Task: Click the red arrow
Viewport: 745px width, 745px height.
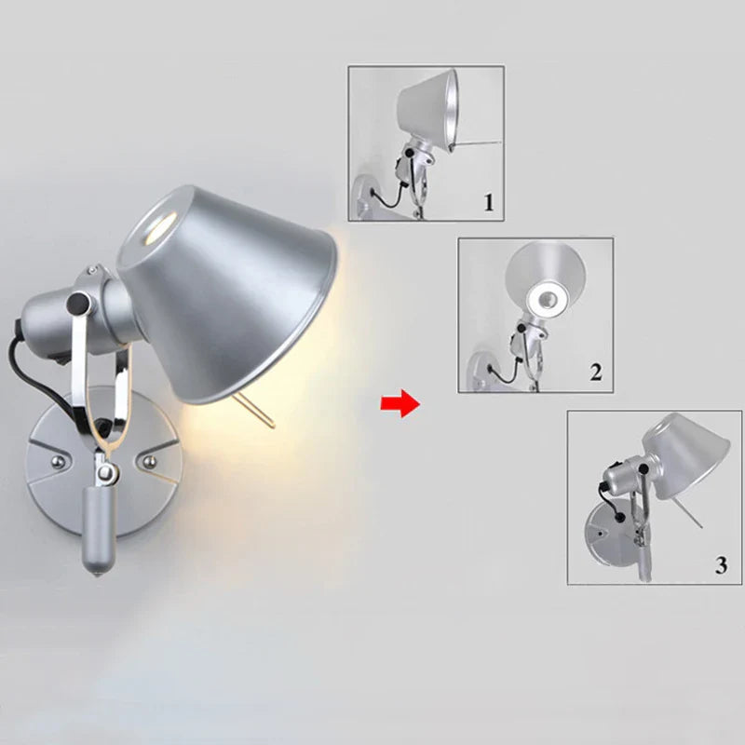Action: pyautogui.click(x=400, y=403)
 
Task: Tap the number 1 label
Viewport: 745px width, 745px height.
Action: pyautogui.click(x=489, y=202)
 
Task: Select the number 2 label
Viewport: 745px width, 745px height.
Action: pyautogui.click(x=596, y=372)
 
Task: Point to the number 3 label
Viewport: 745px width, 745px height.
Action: pyautogui.click(x=721, y=565)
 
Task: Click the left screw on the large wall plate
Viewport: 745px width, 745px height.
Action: pyautogui.click(x=58, y=462)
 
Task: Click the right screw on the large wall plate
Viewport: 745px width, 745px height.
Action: pyautogui.click(x=150, y=461)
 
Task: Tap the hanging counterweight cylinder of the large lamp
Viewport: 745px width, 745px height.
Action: pyautogui.click(x=99, y=531)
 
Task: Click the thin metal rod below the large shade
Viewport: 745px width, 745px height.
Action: pyautogui.click(x=253, y=412)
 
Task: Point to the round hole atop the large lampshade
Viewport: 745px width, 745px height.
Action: pyautogui.click(x=158, y=227)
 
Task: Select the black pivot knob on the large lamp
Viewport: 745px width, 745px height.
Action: pyautogui.click(x=78, y=302)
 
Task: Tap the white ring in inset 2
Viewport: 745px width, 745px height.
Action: pyautogui.click(x=547, y=300)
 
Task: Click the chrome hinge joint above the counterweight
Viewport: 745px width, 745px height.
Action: pyautogui.click(x=105, y=472)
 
